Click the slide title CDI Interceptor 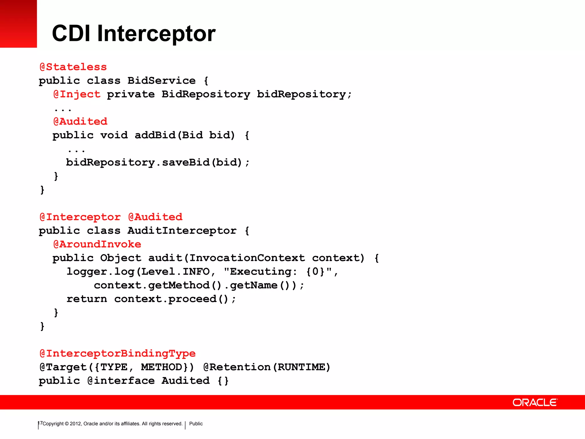134,33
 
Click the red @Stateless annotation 73,67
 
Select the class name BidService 161,81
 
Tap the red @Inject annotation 77,94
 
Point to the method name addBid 155,135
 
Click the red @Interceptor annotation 80,217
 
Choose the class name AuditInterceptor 182,231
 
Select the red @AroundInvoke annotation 97,244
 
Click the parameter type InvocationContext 247,258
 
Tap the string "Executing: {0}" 278,272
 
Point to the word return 87,299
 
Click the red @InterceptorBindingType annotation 117,354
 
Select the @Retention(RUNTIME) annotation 267,367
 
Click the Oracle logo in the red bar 535,402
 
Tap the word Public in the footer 196,424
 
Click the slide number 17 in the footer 40,423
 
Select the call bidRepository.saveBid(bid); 158,163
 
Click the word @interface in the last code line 121,381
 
